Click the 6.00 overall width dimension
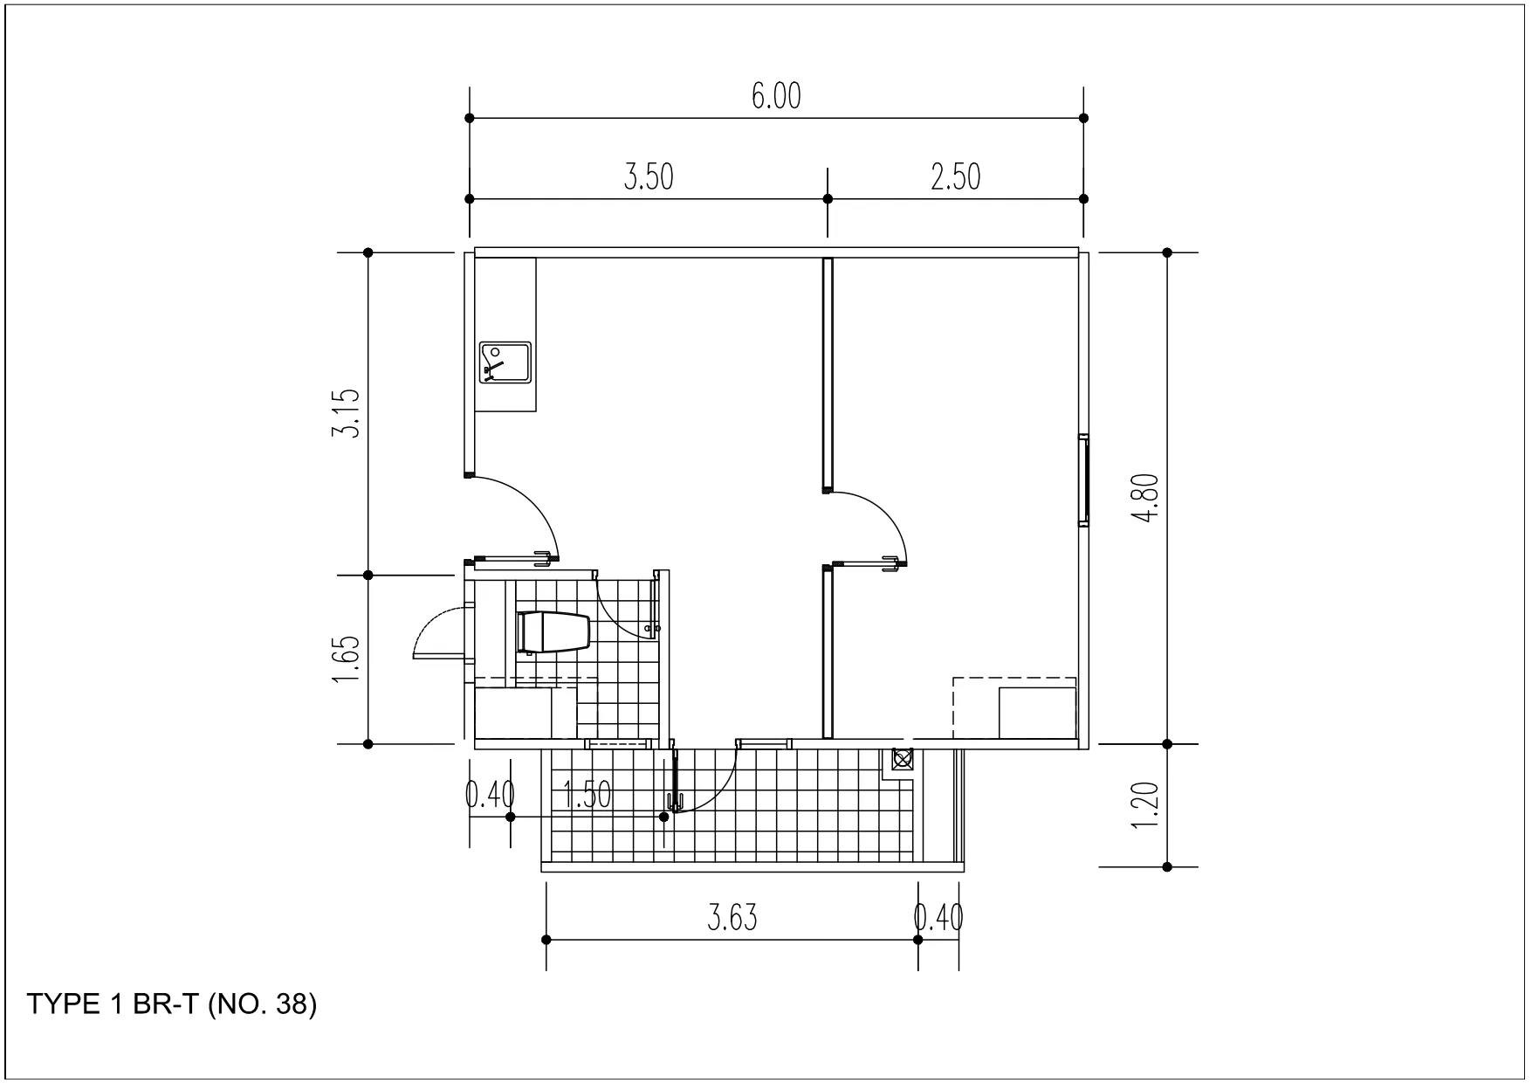(x=776, y=96)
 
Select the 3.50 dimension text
(x=649, y=177)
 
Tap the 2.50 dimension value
(x=956, y=177)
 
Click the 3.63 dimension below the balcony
(x=732, y=918)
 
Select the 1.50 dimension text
(x=587, y=795)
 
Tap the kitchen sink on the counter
(x=505, y=362)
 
